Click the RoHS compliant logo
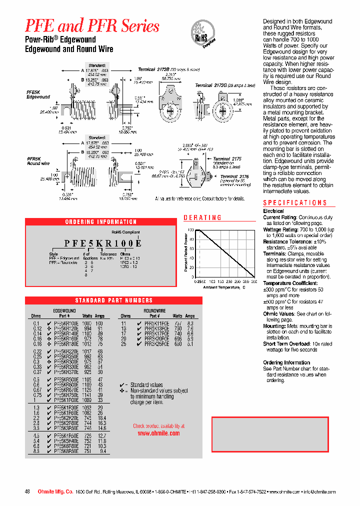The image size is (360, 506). pyautogui.click(x=203, y=34)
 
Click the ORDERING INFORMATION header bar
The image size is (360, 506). pyautogui.click(x=101, y=221)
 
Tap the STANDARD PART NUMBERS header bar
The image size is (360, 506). pyautogui.click(x=113, y=300)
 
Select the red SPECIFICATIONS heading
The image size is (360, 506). pyautogui.click(x=295, y=202)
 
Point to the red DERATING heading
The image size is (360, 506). pyautogui.click(x=202, y=217)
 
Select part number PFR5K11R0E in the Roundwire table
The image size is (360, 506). pyautogui.click(x=156, y=324)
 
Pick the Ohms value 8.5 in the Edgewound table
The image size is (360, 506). pyautogui.click(x=36, y=451)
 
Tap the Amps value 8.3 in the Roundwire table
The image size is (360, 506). pyautogui.click(x=190, y=324)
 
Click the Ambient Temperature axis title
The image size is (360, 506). pyautogui.click(x=224, y=287)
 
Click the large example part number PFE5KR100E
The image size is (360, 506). pyautogui.click(x=103, y=243)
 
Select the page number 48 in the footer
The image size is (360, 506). pyautogui.click(x=27, y=492)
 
